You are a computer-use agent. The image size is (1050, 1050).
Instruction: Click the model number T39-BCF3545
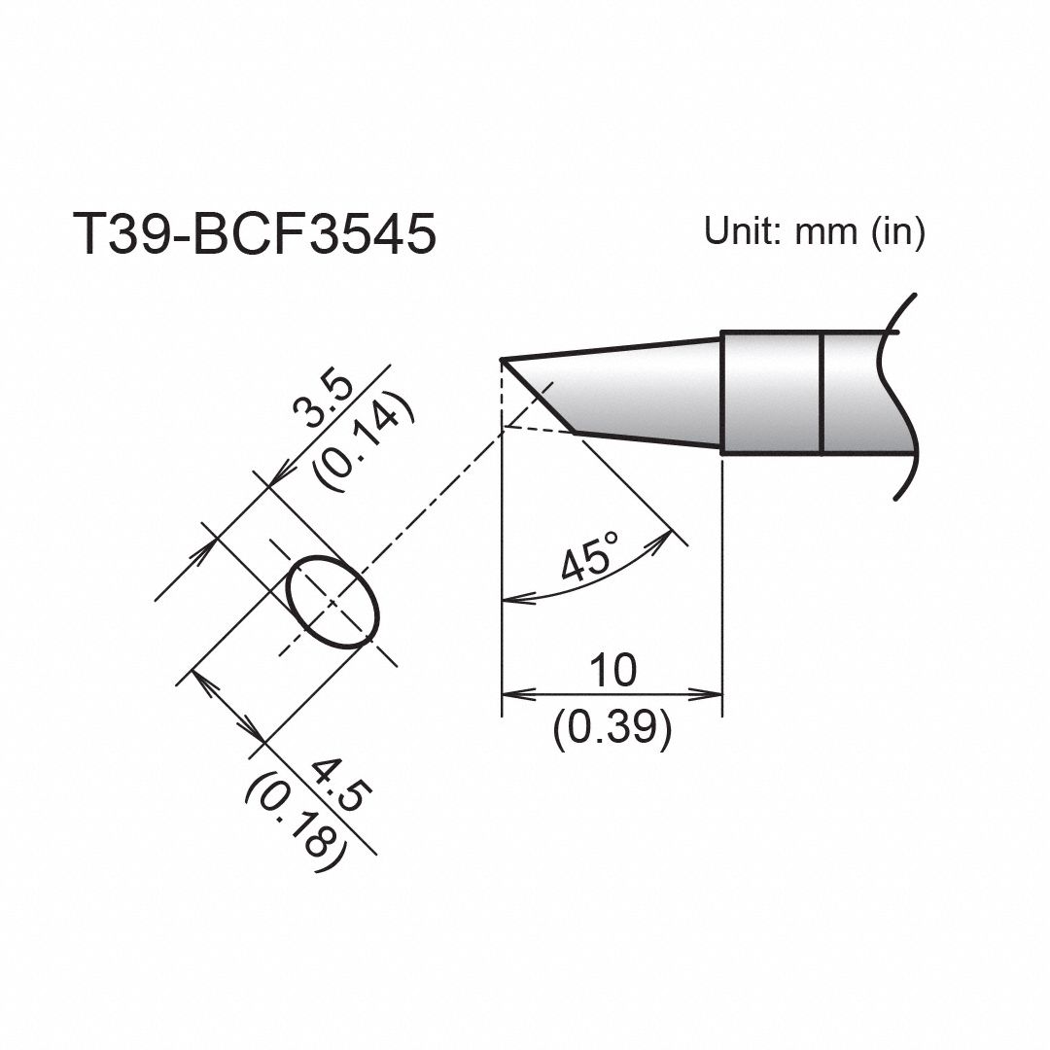[254, 235]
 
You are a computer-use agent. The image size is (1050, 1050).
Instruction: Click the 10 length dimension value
[612, 670]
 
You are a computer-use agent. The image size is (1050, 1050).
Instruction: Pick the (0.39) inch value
[612, 729]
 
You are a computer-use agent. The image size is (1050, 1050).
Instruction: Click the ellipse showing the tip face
[332, 602]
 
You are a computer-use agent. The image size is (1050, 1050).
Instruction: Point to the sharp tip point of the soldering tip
[502, 361]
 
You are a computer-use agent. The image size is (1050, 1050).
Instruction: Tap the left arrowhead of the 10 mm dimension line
[513, 695]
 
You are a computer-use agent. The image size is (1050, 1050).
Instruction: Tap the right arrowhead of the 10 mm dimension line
[711, 695]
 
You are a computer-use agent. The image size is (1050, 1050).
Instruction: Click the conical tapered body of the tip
[642, 394]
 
